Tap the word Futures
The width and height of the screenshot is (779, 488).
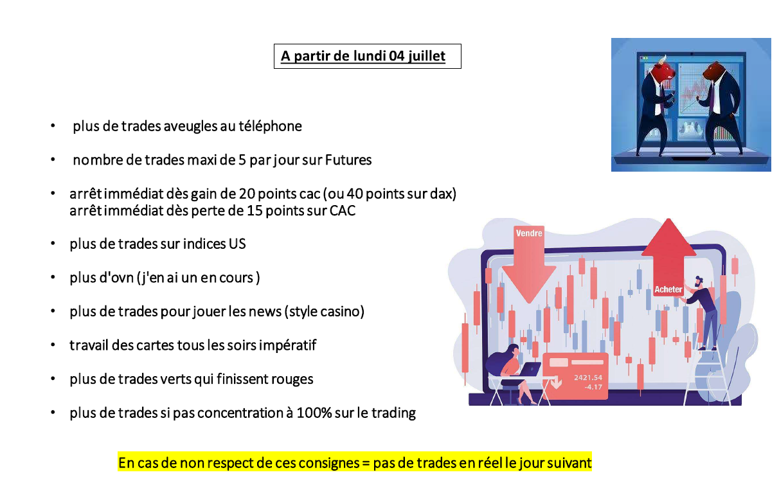point(348,160)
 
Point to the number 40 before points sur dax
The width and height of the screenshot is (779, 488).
point(355,194)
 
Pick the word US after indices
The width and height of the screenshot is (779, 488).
point(237,244)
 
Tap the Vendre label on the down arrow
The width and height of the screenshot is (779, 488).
point(528,233)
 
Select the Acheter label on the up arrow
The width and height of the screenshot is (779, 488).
point(668,289)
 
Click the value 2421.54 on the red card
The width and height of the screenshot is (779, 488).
point(587,377)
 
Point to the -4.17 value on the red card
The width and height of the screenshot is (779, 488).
point(593,387)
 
